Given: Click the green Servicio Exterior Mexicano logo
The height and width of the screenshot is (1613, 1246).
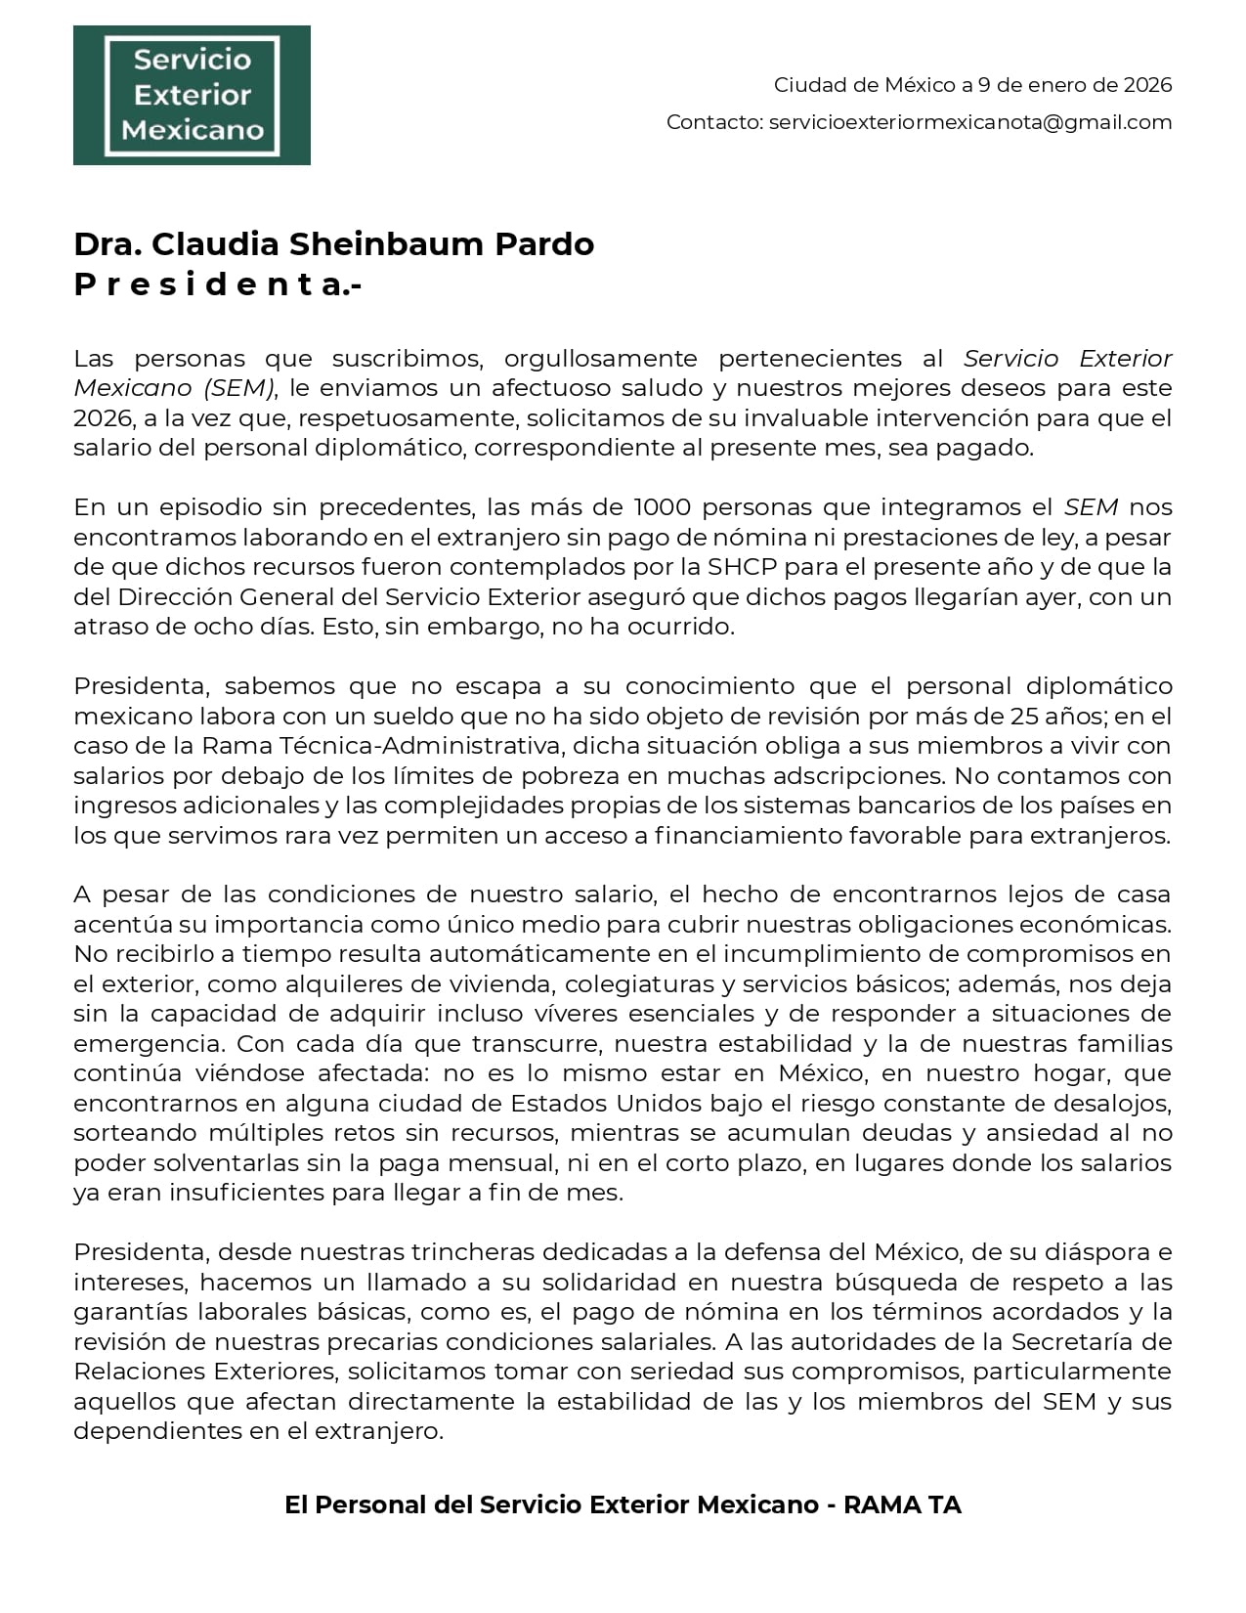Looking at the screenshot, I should pos(192,95).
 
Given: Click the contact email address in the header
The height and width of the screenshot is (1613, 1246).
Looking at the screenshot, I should pos(969,122).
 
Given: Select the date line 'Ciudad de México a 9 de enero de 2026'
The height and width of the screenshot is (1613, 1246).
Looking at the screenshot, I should pos(972,85).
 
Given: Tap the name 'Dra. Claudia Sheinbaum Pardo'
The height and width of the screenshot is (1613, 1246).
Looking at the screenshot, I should pos(333,243).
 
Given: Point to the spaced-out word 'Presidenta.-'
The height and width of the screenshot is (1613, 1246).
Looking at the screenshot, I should pos(217,284).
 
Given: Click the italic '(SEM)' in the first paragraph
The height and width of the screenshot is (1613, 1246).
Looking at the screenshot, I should pos(239,388).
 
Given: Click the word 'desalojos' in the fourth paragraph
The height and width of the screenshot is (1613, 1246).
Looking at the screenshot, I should pos(1117,1103).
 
